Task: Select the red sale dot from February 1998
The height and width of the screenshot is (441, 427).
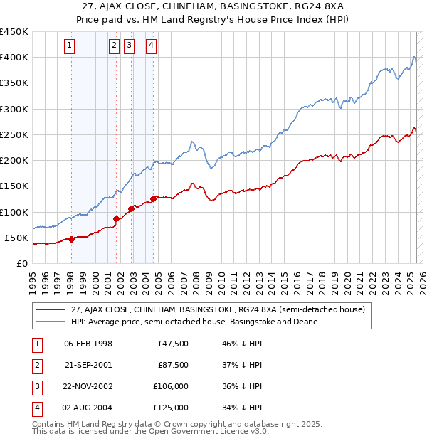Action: (71, 239)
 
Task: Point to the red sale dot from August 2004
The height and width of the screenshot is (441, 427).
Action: (153, 199)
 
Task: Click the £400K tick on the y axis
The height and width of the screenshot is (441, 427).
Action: (14, 58)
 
